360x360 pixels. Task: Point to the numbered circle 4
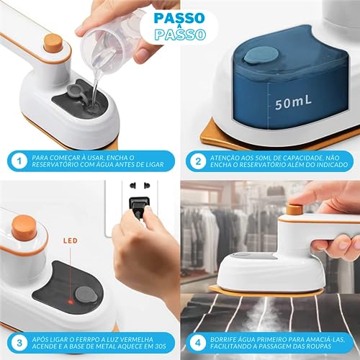coord(198,340)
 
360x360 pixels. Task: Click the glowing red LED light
coord(70,276)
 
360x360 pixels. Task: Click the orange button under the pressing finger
coord(294,209)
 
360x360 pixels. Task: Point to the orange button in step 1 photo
coord(53,41)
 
